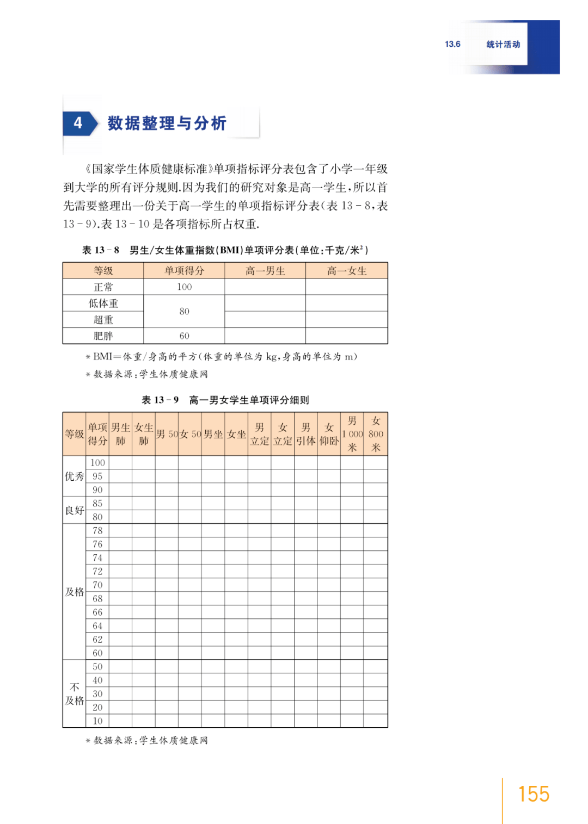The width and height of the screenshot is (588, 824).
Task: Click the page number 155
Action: click(x=533, y=794)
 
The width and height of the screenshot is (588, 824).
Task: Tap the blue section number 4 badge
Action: click(x=79, y=123)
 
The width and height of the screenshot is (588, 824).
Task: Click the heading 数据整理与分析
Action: click(x=167, y=123)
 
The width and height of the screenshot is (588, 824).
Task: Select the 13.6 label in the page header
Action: click(x=452, y=44)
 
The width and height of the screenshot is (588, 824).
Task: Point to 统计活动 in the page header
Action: click(x=503, y=45)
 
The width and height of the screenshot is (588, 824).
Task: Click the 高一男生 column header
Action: click(x=265, y=271)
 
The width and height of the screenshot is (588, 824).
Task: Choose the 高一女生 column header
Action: click(x=347, y=271)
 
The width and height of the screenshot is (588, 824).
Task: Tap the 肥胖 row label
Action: click(x=103, y=336)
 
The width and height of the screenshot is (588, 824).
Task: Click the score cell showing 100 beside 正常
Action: click(x=184, y=287)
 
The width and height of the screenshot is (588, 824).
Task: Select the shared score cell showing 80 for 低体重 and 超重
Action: click(x=184, y=311)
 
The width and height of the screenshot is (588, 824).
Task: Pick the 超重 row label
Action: click(x=103, y=320)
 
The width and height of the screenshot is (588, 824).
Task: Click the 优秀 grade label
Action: click(x=75, y=476)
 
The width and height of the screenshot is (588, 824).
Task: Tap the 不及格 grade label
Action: click(x=75, y=694)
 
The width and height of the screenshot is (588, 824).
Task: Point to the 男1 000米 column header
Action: click(x=352, y=434)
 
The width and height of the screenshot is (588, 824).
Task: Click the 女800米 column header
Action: click(x=376, y=434)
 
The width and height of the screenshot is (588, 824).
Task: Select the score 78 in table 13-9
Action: click(x=97, y=530)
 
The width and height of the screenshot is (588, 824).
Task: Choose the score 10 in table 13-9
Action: click(x=97, y=721)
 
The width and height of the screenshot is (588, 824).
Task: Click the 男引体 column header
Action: click(x=306, y=434)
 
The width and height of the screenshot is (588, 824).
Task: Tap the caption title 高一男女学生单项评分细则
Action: click(x=249, y=400)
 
